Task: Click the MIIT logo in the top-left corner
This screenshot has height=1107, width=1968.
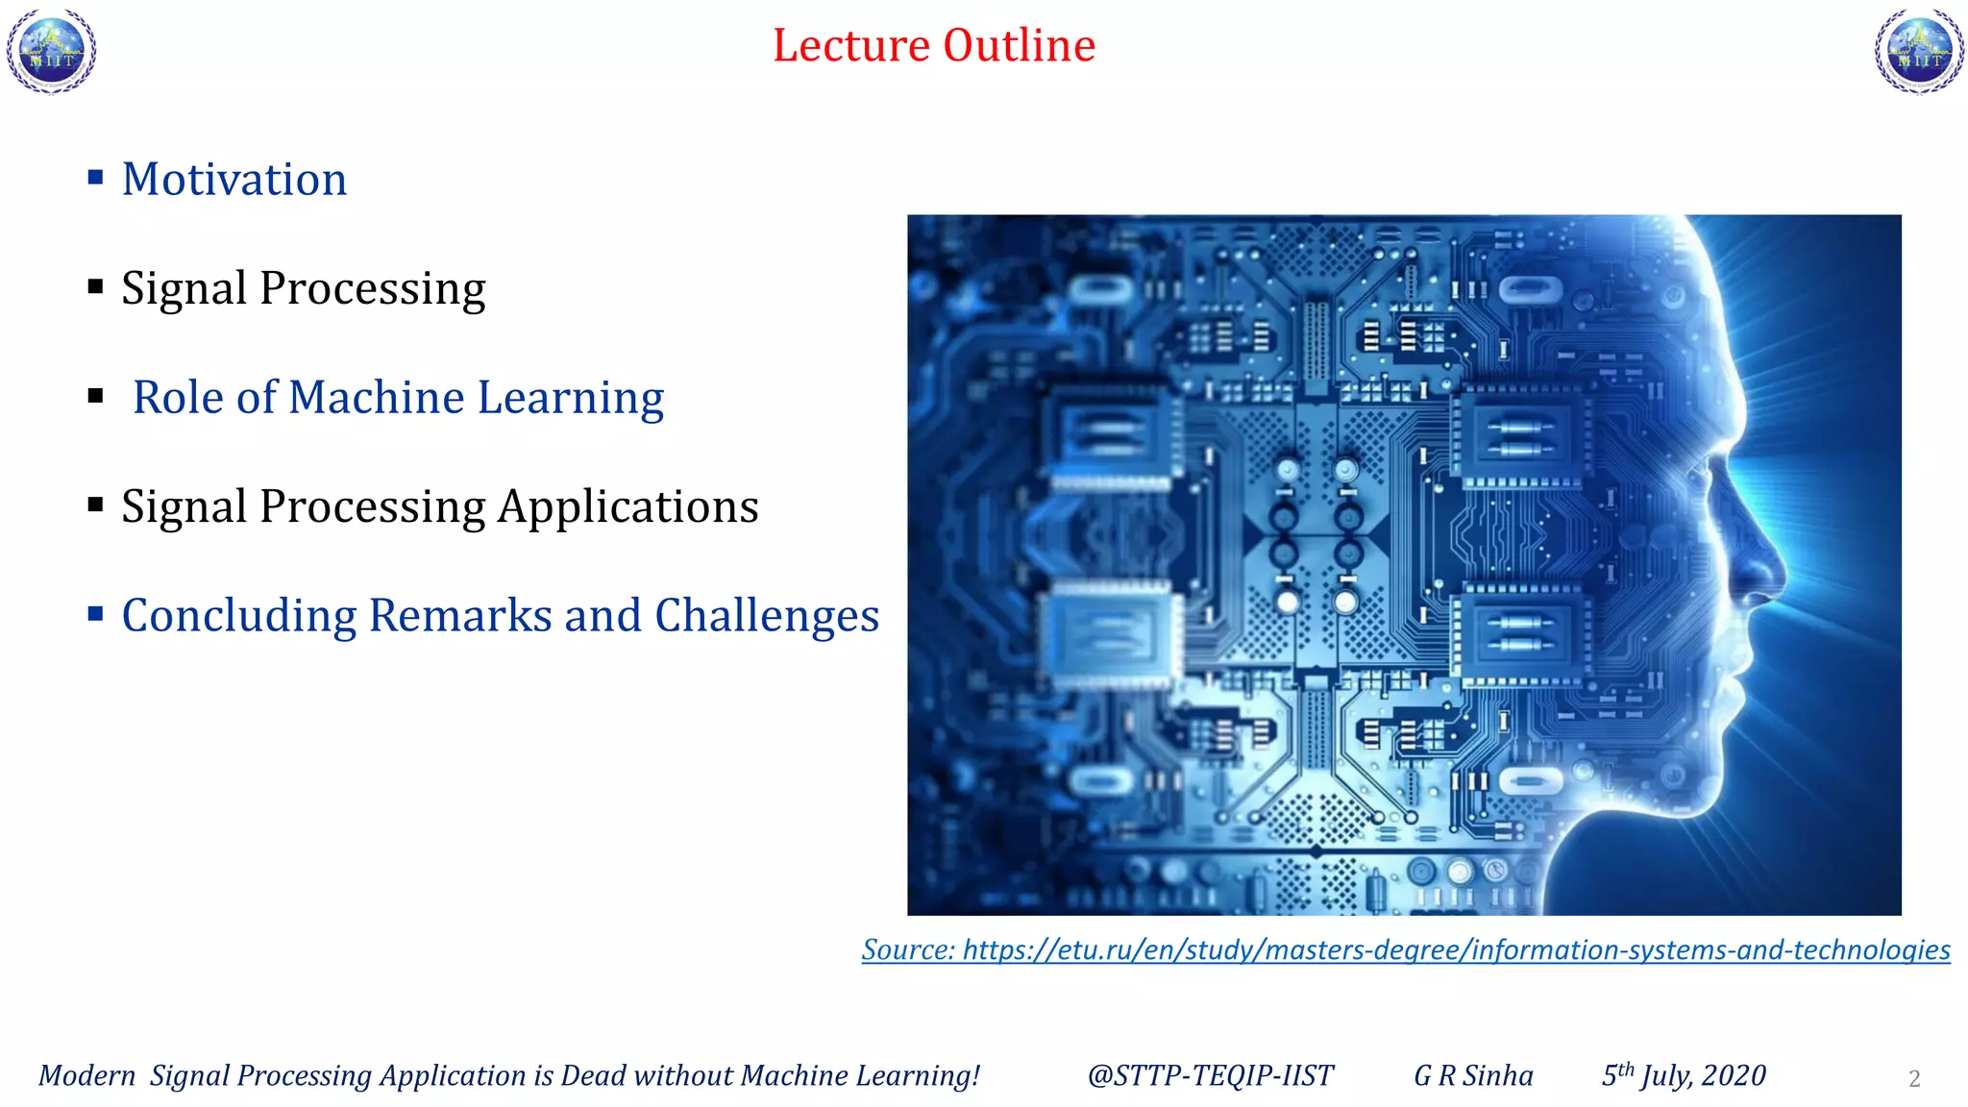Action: point(52,52)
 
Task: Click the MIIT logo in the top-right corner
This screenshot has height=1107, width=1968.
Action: point(1919,52)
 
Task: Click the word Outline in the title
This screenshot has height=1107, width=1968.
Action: point(1019,45)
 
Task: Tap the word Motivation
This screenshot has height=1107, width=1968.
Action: point(234,180)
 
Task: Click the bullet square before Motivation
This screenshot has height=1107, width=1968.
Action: point(95,177)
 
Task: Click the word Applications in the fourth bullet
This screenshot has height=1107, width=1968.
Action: point(627,507)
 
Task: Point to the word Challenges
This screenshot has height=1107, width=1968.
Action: point(766,616)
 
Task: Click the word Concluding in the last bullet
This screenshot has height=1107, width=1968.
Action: point(238,616)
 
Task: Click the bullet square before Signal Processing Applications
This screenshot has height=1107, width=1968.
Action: point(95,504)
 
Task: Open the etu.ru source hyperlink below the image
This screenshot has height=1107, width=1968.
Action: point(1405,949)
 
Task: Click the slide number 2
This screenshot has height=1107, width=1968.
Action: point(1913,1079)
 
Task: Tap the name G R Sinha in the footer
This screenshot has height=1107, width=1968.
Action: point(1473,1075)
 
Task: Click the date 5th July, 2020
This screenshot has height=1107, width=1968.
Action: point(1683,1075)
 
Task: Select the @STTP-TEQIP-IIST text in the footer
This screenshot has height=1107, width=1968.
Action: point(1210,1075)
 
